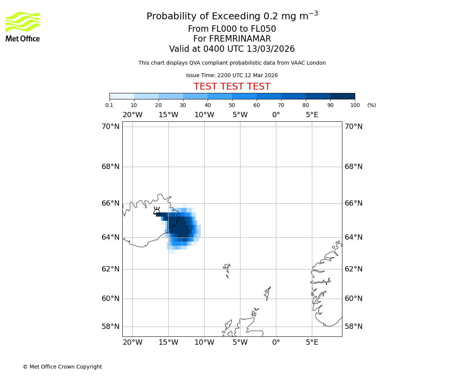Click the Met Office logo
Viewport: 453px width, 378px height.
pyautogui.click(x=23, y=26)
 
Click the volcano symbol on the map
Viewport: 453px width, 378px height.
pyautogui.click(x=157, y=211)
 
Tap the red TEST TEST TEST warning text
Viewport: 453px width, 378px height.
pyautogui.click(x=232, y=87)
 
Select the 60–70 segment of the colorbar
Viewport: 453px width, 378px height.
pyautogui.click(x=269, y=96)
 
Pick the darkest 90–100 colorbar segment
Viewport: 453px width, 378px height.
pyautogui.click(x=342, y=96)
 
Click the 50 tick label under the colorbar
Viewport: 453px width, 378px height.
pyautogui.click(x=232, y=105)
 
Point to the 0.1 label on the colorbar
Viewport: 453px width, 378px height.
pyautogui.click(x=109, y=105)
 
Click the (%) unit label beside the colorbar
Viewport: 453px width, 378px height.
pyautogui.click(x=371, y=105)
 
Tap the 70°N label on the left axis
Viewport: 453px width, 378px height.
pyautogui.click(x=110, y=127)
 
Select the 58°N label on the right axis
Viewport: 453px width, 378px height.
pyautogui.click(x=353, y=327)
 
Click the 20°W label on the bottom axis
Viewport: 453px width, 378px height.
pyautogui.click(x=133, y=342)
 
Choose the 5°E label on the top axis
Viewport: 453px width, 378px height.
pyautogui.click(x=312, y=115)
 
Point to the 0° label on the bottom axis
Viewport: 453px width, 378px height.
pyautogui.click(x=276, y=342)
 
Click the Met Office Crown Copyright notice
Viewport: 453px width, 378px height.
pyautogui.click(x=62, y=367)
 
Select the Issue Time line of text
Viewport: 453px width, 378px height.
pyautogui.click(x=232, y=76)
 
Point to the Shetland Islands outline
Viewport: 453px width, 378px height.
pyautogui.click(x=268, y=293)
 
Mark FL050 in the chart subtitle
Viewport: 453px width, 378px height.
pyautogui.click(x=263, y=29)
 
